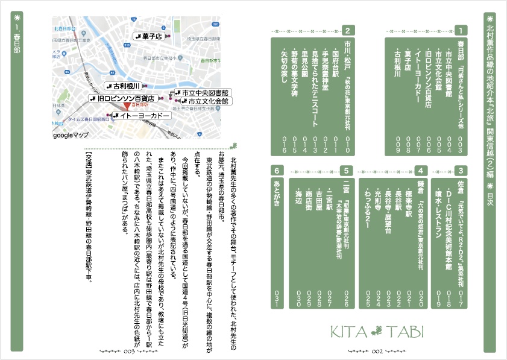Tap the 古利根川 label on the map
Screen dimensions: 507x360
pyautogui.click(x=124, y=86)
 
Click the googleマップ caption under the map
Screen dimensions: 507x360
pyautogui.click(x=71, y=136)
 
